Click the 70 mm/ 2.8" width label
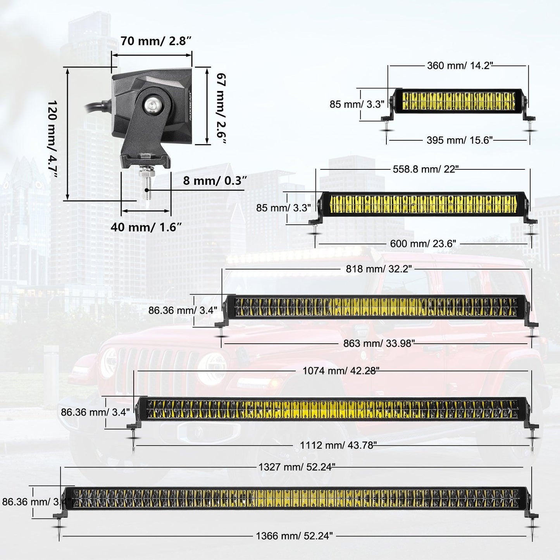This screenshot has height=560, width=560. pos(156,41)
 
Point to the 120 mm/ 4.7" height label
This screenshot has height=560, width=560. pos(53,140)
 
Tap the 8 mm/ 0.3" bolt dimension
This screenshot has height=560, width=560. pos(215,181)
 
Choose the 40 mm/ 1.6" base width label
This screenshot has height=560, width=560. pos(146,227)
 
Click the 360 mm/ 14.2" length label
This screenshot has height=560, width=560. pos(460,65)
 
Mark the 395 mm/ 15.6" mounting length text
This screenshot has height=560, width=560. pos(460,140)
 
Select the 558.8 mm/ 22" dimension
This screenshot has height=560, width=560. pos(426,169)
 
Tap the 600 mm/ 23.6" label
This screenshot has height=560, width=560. pos(423,244)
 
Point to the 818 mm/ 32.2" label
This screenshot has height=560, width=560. pos(379,269)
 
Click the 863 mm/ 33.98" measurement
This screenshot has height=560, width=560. pos(379,343)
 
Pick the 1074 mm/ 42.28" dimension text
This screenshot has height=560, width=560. pos(341,371)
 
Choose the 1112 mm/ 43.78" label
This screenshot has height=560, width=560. pos(338,445)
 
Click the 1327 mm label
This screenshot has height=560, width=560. pos(296,467)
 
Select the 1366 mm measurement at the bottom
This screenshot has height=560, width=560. pos(294,536)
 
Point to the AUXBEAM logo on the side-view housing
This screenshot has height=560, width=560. pos(190,105)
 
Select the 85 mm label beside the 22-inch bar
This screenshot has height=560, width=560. pos(283,208)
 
